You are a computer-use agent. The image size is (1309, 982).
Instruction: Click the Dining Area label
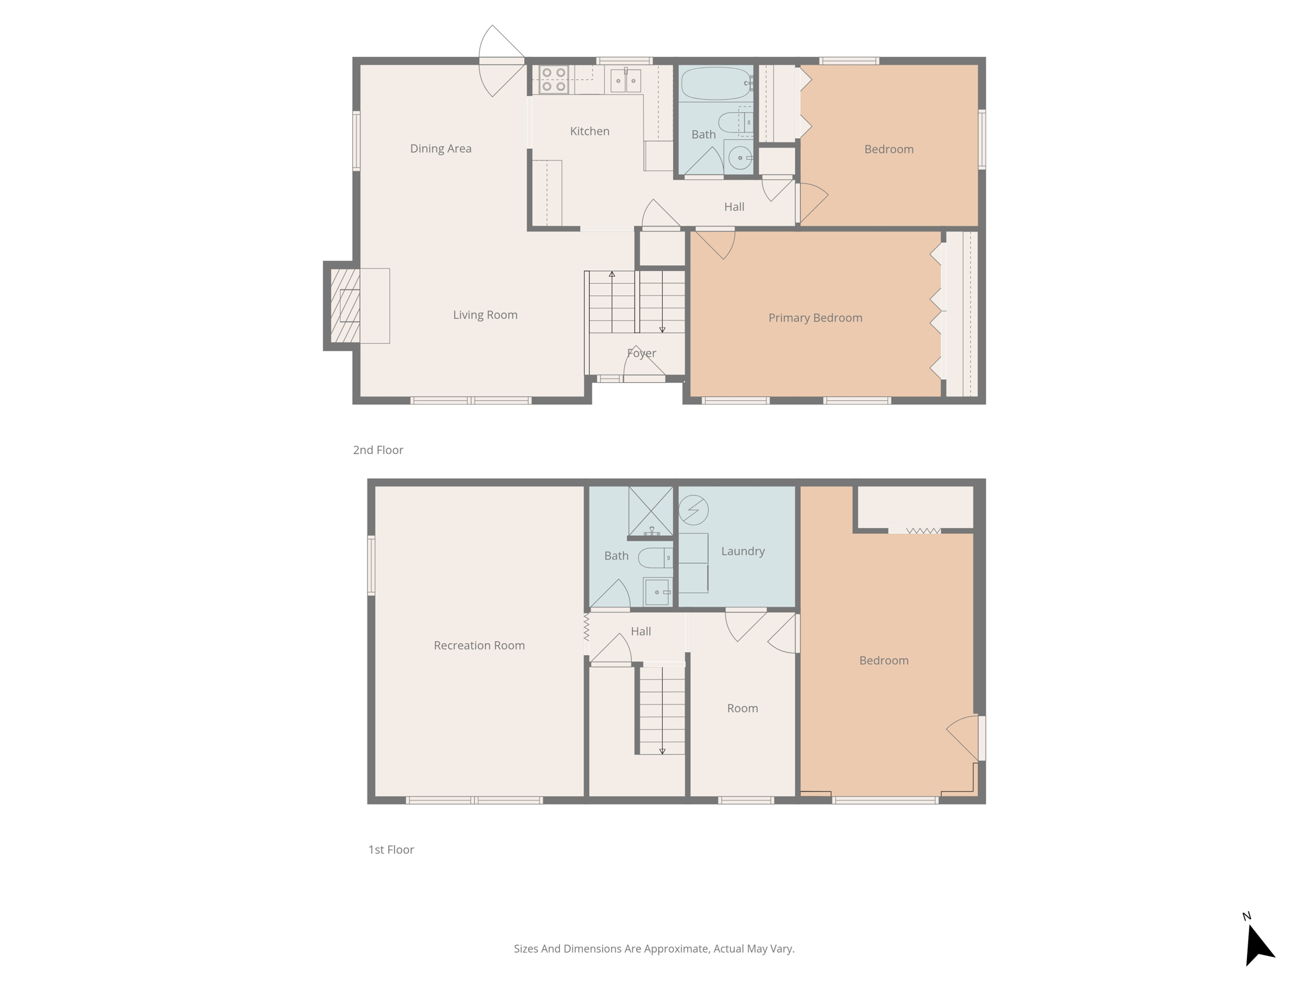(440, 148)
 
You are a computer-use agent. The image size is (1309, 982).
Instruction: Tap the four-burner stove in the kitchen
(554, 80)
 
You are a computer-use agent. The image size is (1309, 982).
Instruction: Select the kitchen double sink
(625, 81)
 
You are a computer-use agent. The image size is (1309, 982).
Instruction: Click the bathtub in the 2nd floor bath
(715, 83)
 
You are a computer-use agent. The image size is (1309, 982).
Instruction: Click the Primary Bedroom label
(815, 318)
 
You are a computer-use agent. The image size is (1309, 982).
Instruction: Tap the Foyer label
(641, 353)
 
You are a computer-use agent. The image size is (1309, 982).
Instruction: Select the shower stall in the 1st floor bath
(651, 511)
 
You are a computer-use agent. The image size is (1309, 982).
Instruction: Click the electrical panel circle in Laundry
(693, 510)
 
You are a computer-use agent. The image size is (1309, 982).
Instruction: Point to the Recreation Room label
(479, 645)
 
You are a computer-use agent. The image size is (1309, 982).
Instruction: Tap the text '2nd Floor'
(378, 450)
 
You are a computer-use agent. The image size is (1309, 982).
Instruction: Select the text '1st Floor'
(391, 850)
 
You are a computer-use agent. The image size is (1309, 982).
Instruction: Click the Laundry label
(743, 551)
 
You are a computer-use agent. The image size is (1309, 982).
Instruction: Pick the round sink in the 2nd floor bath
(740, 157)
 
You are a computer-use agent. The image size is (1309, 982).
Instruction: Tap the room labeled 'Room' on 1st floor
(742, 708)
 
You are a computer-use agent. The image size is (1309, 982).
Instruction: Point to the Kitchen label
(589, 131)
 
